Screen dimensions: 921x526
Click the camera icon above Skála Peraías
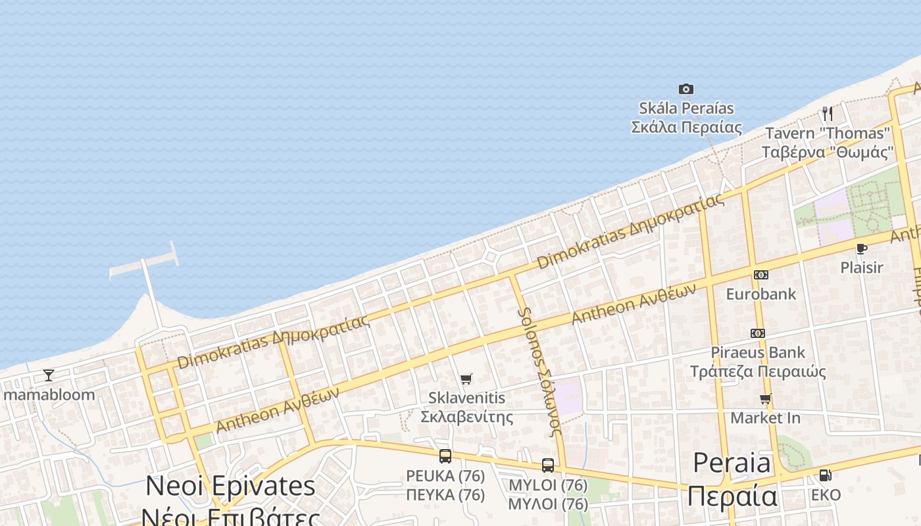[686, 89]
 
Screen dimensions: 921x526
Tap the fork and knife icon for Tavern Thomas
[828, 114]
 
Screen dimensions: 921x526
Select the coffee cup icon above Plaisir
[861, 249]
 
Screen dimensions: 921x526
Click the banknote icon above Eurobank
[761, 274]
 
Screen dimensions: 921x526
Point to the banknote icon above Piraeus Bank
[758, 333]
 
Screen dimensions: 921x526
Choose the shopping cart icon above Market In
[766, 398]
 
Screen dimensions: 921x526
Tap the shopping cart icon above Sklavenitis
[466, 379]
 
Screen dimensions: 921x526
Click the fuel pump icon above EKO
[825, 475]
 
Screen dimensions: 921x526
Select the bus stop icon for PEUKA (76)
[445, 456]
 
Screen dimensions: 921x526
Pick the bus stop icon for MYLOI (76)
[548, 466]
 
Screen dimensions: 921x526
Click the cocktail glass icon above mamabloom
[49, 375]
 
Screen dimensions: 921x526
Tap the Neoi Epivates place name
[230, 487]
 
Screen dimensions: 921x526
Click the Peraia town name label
[732, 464]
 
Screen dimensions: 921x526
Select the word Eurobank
[761, 294]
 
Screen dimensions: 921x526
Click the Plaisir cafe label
[862, 268]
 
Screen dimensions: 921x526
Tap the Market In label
[766, 418]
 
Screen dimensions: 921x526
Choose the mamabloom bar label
[49, 395]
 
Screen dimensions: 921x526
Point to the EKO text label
[826, 495]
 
